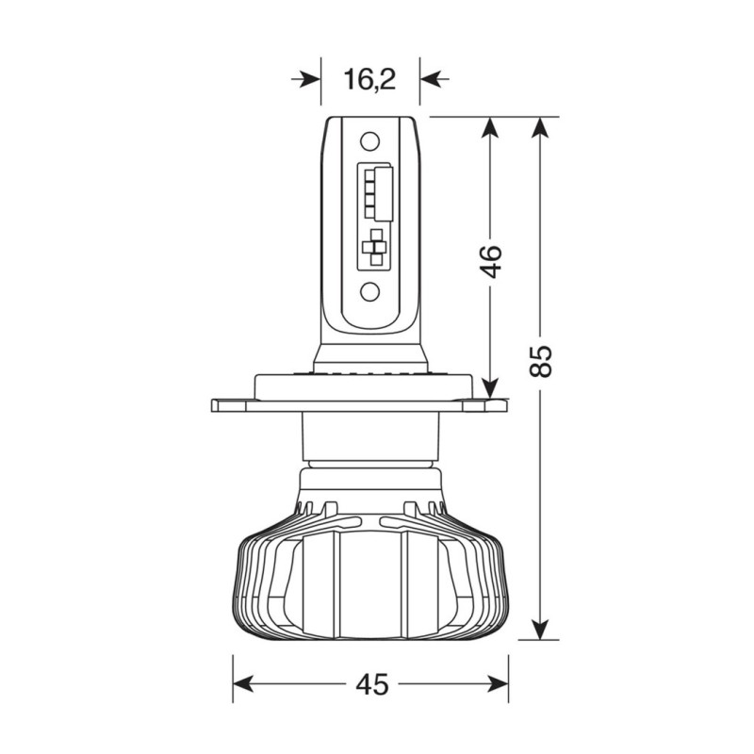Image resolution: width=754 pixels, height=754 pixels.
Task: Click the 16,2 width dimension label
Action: coord(369,80)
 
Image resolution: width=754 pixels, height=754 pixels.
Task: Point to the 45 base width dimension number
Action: coord(372,684)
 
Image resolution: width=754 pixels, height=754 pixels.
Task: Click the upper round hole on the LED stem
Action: coord(370,142)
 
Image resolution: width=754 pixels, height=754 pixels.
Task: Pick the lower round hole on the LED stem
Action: coord(370,291)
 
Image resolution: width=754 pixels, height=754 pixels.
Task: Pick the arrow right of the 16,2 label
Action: coord(434,80)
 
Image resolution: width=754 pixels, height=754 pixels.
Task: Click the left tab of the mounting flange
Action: coord(232,405)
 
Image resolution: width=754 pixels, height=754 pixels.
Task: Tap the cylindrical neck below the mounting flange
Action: coord(370,438)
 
